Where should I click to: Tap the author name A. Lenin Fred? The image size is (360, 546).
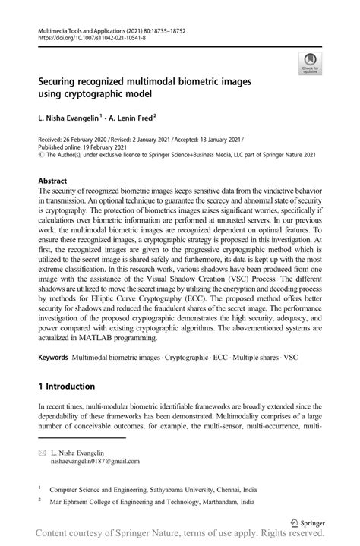130,119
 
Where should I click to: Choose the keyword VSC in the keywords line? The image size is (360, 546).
310,356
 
